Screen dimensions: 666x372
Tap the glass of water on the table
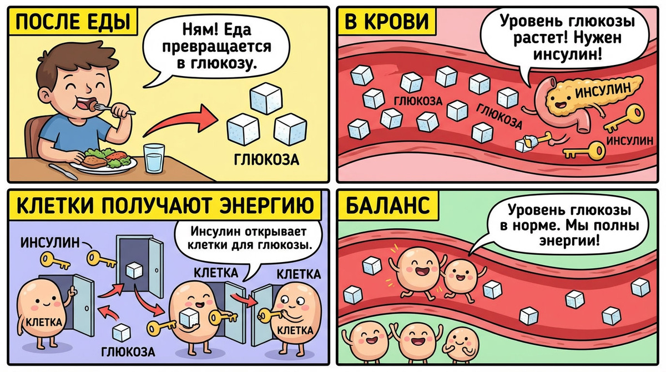point(154,158)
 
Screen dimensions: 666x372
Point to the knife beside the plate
point(62,170)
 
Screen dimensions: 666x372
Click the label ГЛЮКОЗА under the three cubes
point(266,160)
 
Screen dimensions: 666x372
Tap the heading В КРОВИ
point(387,23)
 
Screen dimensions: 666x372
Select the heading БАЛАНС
point(387,206)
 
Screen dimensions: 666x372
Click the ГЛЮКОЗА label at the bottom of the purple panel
point(128,352)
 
